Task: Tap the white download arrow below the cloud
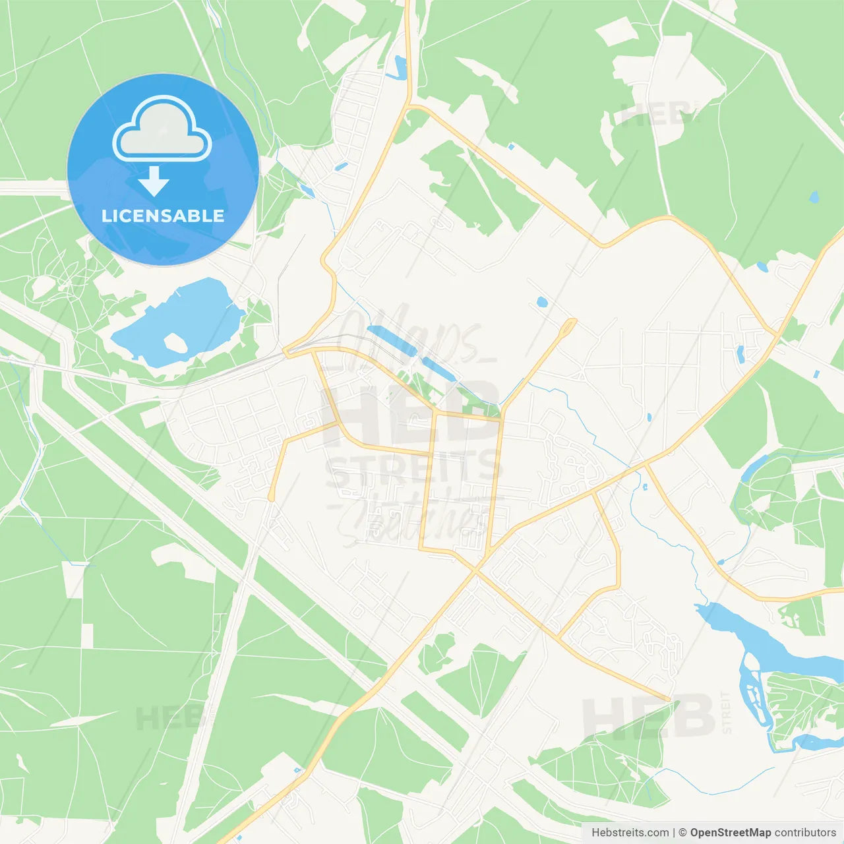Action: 154,181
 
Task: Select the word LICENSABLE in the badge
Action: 163,216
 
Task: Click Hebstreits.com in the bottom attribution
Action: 630,833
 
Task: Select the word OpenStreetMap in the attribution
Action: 730,833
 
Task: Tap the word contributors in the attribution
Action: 805,833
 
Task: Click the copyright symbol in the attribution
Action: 682,833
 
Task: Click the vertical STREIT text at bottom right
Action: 727,712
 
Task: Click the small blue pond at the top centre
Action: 400,66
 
